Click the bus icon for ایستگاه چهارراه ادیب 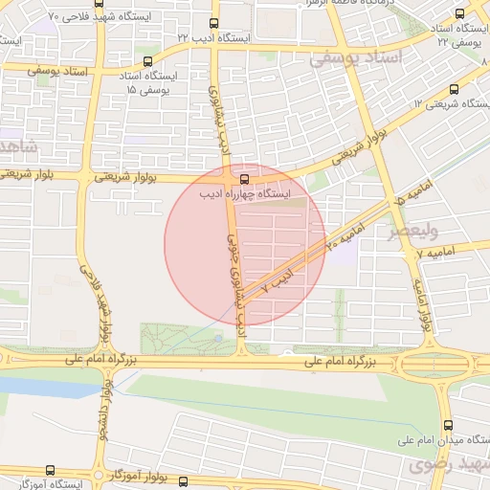(246, 178)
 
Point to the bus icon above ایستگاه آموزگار (50, 471)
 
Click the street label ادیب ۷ (277, 281)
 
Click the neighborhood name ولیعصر (412, 231)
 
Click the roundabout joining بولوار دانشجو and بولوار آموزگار (100, 475)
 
